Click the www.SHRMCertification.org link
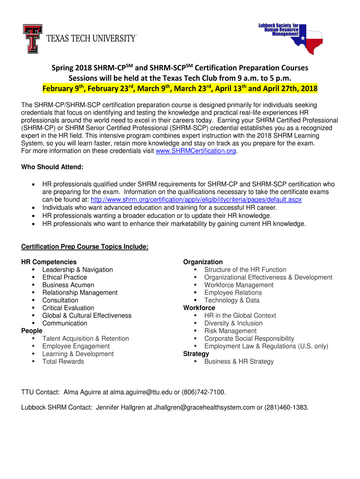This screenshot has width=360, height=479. (195, 151)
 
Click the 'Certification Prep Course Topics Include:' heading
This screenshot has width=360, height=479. (85, 247)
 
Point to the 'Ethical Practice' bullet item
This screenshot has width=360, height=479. (65, 277)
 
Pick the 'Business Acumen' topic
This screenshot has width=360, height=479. (68, 285)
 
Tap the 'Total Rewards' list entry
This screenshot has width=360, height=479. (63, 362)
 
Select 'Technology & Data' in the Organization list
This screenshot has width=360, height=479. (231, 300)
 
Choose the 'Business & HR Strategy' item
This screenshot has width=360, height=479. (239, 362)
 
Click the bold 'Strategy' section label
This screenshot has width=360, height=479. (196, 354)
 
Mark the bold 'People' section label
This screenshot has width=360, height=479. (32, 331)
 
